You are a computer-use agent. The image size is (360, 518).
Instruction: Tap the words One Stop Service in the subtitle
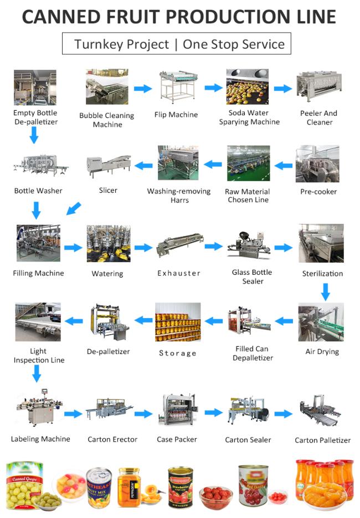pyautogui.click(x=234, y=44)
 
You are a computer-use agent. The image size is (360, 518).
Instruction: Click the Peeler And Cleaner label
pyautogui.click(x=318, y=117)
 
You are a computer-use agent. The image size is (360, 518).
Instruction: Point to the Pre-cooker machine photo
pyautogui.click(x=317, y=164)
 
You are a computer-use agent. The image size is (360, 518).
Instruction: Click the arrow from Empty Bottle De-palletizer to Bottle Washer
pyautogui.click(x=34, y=135)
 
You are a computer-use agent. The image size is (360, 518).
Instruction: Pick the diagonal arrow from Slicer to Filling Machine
pyautogui.click(x=73, y=209)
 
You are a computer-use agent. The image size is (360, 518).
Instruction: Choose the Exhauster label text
pyautogui.click(x=179, y=273)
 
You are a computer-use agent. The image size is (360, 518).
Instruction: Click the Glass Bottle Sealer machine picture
pyautogui.click(x=249, y=247)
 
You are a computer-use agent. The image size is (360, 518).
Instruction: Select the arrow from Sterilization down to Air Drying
pyautogui.click(x=326, y=292)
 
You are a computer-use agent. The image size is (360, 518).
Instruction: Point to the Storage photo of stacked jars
pyautogui.click(x=178, y=322)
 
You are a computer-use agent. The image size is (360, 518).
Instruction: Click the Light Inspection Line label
pyautogui.click(x=39, y=356)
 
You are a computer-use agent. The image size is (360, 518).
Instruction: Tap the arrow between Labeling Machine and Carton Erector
pyautogui.click(x=73, y=414)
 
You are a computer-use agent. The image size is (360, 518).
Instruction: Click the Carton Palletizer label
pyautogui.click(x=323, y=440)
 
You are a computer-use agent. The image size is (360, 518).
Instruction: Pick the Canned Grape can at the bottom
pyautogui.click(x=25, y=485)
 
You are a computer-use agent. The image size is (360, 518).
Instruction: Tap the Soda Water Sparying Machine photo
pyautogui.click(x=248, y=87)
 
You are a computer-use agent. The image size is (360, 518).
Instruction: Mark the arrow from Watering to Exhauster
pyautogui.click(x=143, y=248)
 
